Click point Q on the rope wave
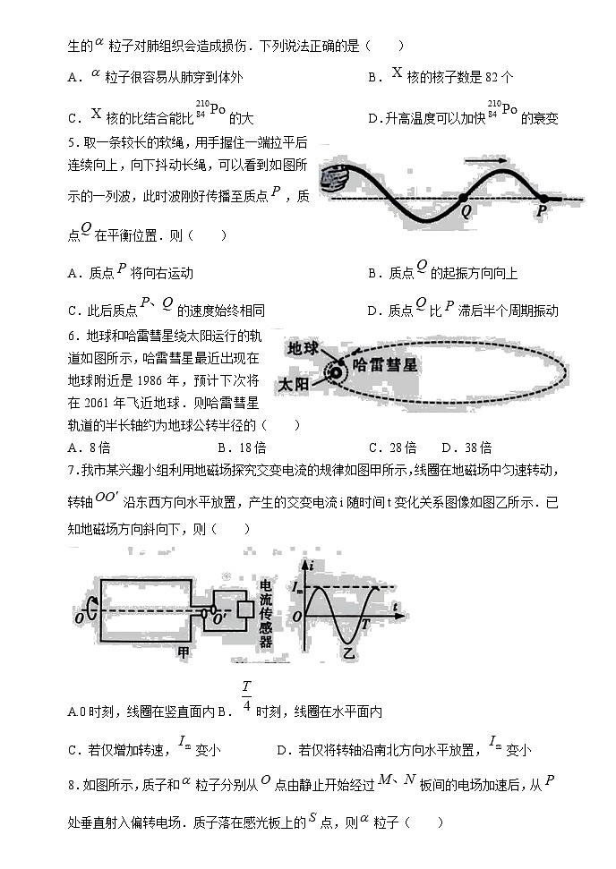click(462, 199)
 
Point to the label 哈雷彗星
click(386, 365)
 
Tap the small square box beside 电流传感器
click(243, 609)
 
